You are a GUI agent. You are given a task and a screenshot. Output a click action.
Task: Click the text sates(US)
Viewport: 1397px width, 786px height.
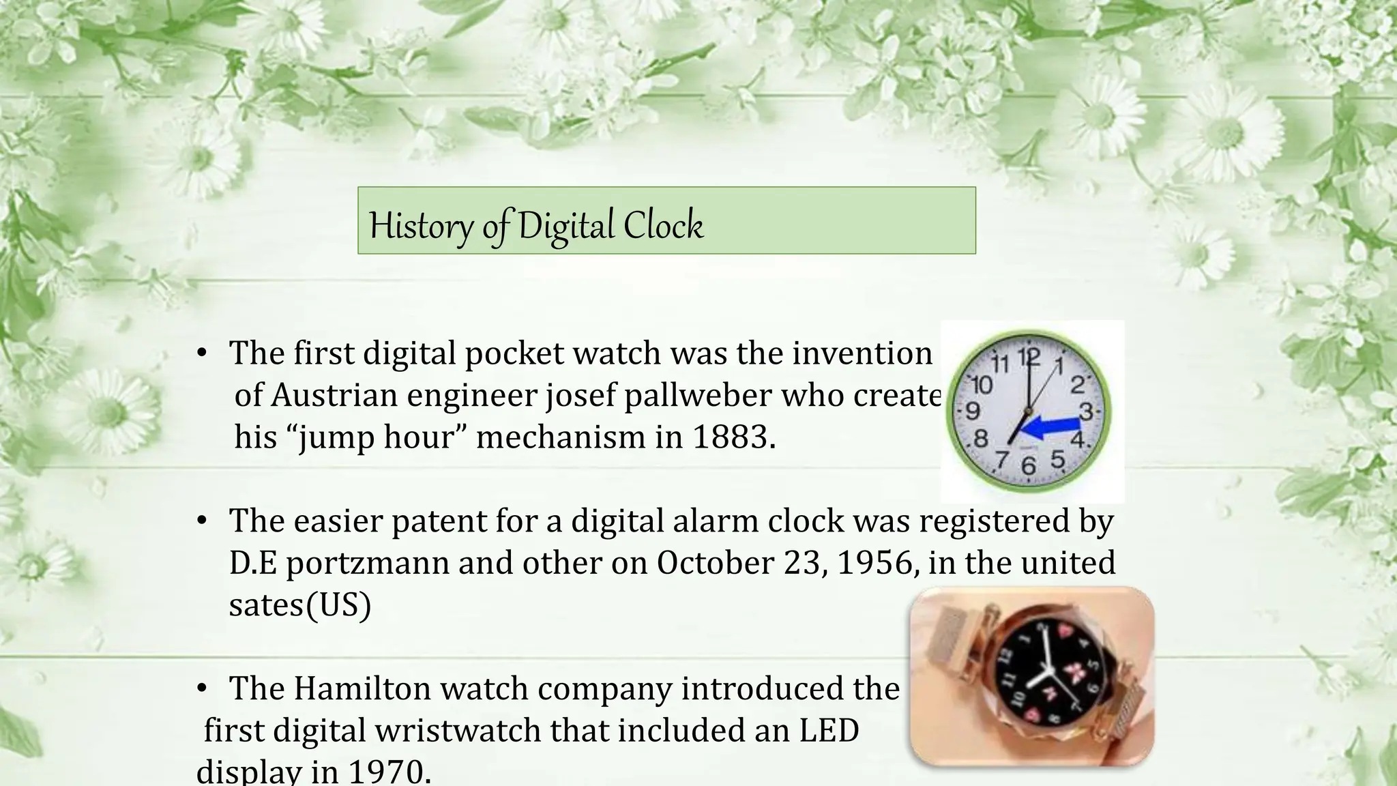pos(299,605)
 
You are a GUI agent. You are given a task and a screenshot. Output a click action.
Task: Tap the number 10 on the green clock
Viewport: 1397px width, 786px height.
pos(981,385)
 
